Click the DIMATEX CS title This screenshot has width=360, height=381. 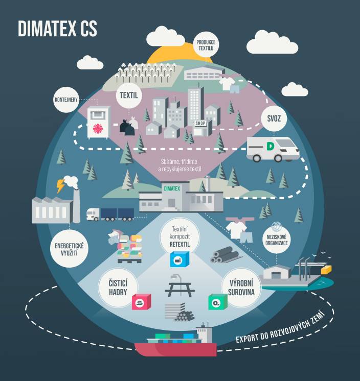[x=57, y=29]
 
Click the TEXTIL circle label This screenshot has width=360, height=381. [x=129, y=94]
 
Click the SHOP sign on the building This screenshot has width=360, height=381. [x=200, y=123]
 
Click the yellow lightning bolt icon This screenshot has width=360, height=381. [x=61, y=186]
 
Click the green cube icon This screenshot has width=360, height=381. [x=217, y=302]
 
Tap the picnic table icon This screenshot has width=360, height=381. [x=179, y=287]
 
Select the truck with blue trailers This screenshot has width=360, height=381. [x=109, y=214]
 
